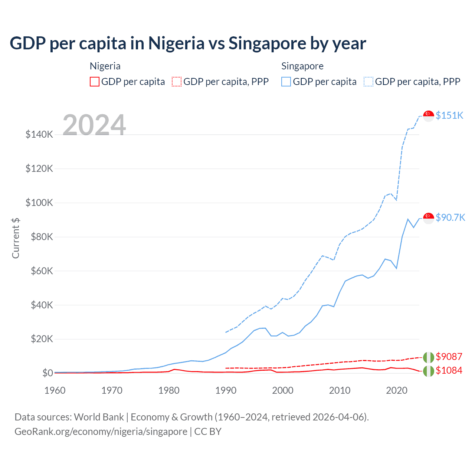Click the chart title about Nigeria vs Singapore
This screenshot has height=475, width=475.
188,43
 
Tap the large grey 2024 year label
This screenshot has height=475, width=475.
94,125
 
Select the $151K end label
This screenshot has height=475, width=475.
449,115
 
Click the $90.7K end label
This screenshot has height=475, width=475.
450,217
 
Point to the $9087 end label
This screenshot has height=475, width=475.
449,357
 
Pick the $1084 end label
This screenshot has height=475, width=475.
449,370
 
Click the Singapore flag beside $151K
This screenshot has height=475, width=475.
429,116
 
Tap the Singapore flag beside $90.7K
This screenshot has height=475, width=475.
429,218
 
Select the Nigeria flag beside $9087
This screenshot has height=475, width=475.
429,357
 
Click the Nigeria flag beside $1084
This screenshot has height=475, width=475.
429,371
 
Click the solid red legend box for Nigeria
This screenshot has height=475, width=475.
95,82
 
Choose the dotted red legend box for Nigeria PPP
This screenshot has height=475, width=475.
177,82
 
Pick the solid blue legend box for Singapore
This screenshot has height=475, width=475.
286,82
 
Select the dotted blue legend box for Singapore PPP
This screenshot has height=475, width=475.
368,82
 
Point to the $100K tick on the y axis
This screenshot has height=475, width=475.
39,203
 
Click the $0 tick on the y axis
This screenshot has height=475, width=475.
47,373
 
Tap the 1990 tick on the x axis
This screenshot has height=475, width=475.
226,390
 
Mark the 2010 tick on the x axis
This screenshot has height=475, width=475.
340,390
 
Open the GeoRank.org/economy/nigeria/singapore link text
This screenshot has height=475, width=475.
101,432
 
